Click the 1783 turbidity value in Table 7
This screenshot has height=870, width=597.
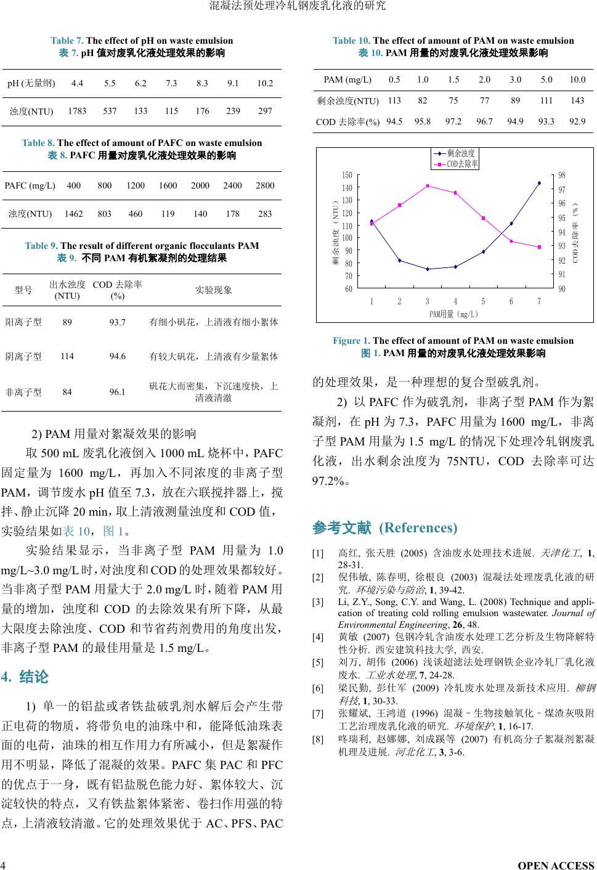click(x=77, y=112)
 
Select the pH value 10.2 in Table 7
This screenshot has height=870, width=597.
click(x=265, y=83)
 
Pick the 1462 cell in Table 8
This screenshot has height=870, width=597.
click(x=73, y=214)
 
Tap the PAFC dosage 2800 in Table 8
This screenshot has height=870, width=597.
click(x=265, y=185)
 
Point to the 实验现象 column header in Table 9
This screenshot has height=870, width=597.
click(x=213, y=290)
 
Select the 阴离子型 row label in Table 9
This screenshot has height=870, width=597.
click(x=23, y=357)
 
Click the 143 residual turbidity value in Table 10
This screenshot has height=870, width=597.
click(x=577, y=100)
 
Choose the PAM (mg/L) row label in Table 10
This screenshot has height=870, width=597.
click(x=347, y=80)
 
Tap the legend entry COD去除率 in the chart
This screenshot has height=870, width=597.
click(x=462, y=164)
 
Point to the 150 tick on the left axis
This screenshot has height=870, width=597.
click(x=348, y=176)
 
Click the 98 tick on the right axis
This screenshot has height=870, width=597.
click(x=561, y=176)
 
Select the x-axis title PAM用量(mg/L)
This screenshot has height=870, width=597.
click(x=453, y=314)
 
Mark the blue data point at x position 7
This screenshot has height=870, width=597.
click(x=539, y=183)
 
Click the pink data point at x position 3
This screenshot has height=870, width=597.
click(x=428, y=186)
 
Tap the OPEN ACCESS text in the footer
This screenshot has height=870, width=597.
click(x=556, y=865)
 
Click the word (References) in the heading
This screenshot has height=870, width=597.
click(x=418, y=528)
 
